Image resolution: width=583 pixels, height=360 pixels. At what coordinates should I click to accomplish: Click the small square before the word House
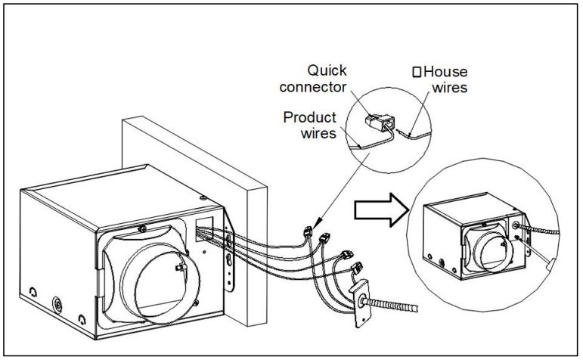416,73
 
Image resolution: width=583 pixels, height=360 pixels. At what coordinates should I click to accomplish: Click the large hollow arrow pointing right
382,203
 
